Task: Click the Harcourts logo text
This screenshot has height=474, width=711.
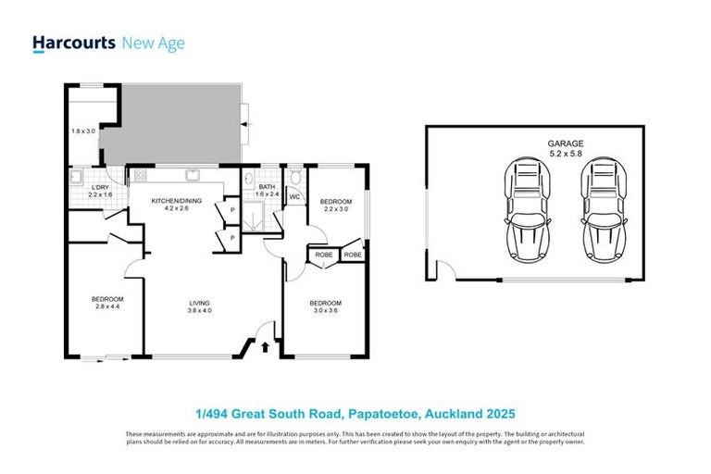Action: point(74,43)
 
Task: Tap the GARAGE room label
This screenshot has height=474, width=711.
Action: point(565,143)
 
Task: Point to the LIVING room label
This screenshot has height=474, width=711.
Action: point(200,303)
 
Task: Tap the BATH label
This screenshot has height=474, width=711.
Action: point(267,187)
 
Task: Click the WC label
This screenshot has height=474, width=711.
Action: point(294,196)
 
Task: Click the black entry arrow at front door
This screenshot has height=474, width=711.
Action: point(267,347)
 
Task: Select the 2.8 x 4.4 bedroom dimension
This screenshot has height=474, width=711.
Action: point(106,307)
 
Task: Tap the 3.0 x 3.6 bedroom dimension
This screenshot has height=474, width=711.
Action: point(325,311)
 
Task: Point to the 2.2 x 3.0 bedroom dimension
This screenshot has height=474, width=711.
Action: point(335,209)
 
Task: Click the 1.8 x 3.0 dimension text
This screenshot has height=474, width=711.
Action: point(83,131)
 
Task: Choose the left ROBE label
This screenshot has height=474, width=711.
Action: point(324,254)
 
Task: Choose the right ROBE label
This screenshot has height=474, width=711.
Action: point(353,254)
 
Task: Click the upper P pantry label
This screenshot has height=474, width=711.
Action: point(232,211)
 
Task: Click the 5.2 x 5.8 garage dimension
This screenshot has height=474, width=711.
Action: point(565,154)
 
